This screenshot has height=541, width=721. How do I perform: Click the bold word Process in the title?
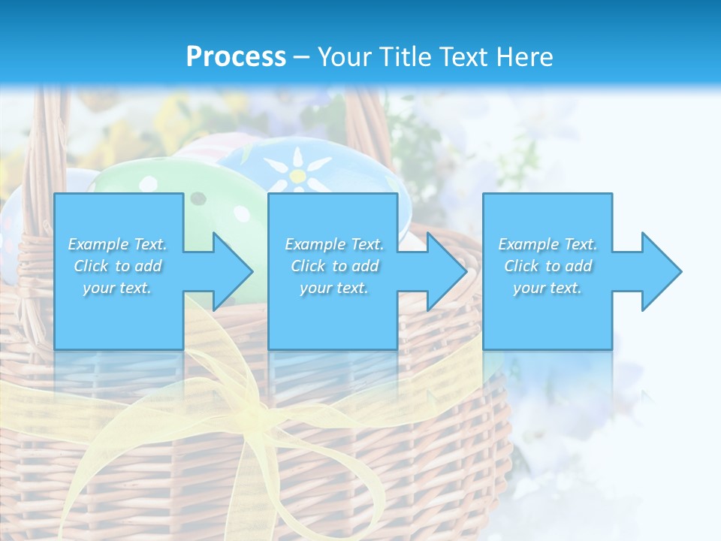[236, 57]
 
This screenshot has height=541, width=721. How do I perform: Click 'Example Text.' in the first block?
[117, 244]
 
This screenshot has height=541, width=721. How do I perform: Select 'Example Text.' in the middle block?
[333, 244]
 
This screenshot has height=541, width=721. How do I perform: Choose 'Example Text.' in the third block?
[548, 244]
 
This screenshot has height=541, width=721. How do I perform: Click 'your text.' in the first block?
[117, 288]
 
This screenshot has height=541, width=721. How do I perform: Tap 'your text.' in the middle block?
[333, 288]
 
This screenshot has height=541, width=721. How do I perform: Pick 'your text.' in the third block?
[548, 288]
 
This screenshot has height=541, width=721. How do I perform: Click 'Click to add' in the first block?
[117, 266]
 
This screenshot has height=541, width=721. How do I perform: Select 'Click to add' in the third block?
[548, 266]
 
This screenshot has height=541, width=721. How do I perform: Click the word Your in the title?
[345, 57]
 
